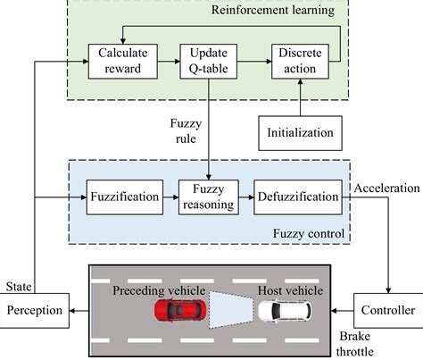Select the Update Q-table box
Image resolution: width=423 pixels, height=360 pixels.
(203, 62)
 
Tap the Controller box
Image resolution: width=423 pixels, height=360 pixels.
(387, 311)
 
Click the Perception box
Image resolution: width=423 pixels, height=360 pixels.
(36, 311)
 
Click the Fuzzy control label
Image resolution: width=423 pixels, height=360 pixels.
(308, 234)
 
